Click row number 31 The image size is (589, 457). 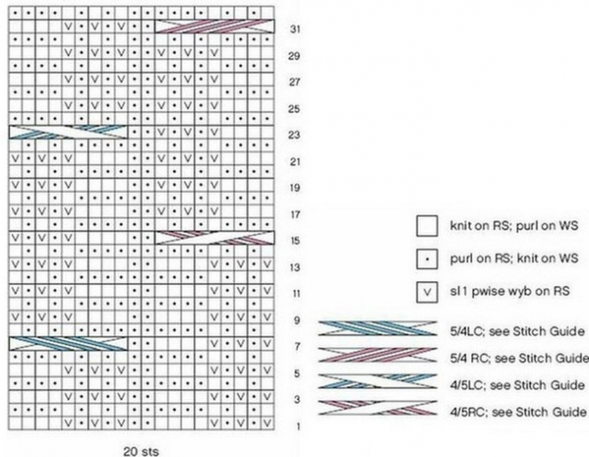click(x=294, y=28)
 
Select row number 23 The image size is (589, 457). click(x=294, y=134)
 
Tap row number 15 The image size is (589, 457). click(x=294, y=240)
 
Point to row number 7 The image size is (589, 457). click(x=294, y=346)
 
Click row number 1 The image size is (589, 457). click(x=294, y=425)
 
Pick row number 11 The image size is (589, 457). click(x=294, y=293)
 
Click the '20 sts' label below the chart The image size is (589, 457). click(x=140, y=448)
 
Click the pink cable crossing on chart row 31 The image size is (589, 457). click(x=214, y=27)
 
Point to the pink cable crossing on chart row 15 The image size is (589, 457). click(x=214, y=237)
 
